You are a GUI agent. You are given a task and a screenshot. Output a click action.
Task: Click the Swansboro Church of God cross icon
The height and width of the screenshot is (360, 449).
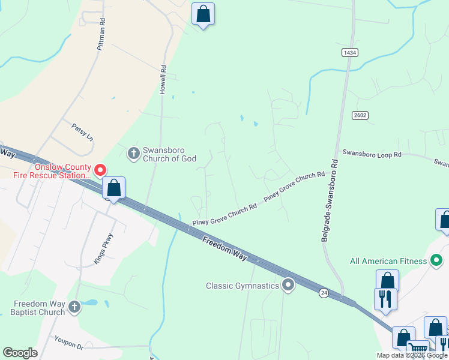coord(133,154)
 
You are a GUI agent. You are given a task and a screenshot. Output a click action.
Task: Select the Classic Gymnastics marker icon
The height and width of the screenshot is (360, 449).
coord(288,286)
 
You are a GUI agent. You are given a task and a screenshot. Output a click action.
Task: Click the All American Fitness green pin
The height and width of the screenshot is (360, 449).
coord(437,261)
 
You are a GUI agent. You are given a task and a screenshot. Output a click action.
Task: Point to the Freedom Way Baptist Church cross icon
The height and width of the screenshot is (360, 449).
coord(74,307)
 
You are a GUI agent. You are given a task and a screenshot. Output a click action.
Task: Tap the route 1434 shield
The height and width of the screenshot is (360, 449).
coord(350,53)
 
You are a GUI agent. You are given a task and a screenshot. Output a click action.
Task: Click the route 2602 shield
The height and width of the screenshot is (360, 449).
coord(360,115)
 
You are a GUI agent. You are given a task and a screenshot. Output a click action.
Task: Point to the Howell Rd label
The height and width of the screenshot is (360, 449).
coord(162,79)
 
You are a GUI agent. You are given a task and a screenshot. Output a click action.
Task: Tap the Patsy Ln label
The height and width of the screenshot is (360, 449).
coord(83,131)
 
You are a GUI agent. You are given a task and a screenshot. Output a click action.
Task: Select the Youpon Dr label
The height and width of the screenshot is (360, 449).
coord(68,343)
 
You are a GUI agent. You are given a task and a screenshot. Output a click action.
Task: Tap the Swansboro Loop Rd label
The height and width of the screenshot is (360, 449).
coord(372,154)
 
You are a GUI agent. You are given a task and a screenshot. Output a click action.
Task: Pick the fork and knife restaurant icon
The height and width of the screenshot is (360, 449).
coord(385,298)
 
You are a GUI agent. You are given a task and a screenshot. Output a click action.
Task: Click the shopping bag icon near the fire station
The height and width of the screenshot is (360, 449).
coord(113,188)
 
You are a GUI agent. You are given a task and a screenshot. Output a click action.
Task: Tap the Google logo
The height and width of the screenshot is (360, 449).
coord(20,353)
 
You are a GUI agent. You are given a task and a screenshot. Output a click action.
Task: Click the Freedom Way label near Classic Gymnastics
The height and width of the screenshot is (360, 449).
coord(224,249)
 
